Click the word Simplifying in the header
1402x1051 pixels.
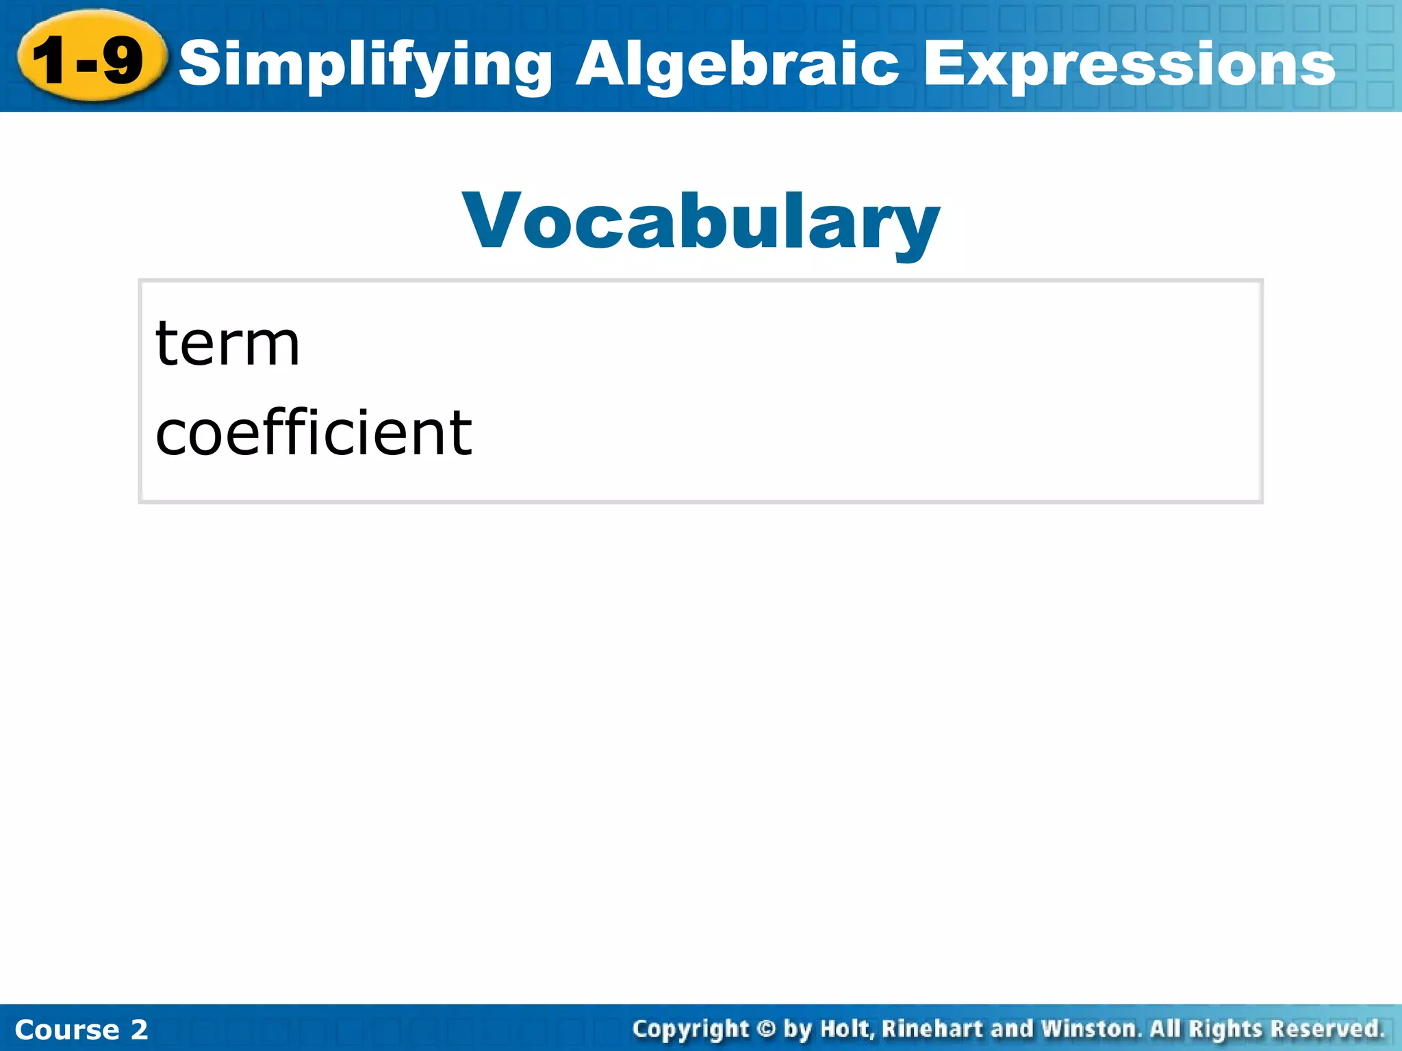(366, 65)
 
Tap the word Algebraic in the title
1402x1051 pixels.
(737, 65)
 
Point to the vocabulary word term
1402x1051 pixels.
(227, 344)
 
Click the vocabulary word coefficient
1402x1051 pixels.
(314, 432)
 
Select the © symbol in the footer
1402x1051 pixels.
(766, 1029)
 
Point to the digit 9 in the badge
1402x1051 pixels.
(123, 60)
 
